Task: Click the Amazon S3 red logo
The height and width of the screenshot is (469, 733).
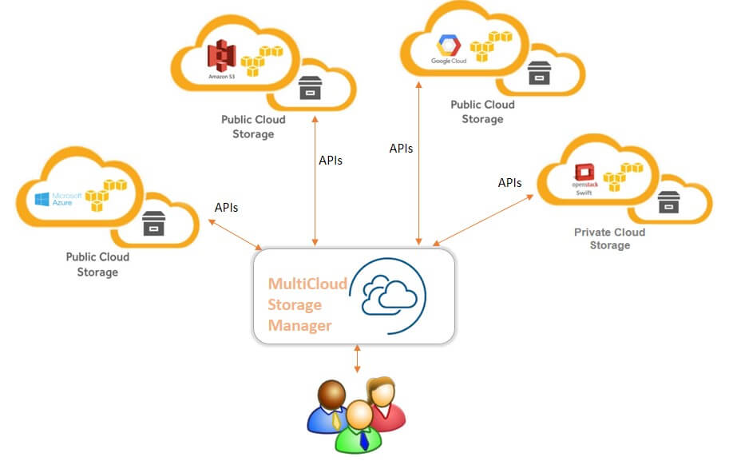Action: (x=222, y=56)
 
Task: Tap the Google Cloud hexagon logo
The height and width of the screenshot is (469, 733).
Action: (x=448, y=46)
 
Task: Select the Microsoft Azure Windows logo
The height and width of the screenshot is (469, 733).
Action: (x=42, y=199)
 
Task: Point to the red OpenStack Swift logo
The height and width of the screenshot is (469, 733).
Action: (x=584, y=172)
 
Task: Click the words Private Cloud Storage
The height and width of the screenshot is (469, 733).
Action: (x=609, y=238)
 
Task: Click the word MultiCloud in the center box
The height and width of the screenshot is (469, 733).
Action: (x=307, y=284)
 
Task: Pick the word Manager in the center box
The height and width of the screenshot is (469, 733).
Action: (x=299, y=325)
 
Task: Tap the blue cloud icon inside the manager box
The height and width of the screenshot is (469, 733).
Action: (x=390, y=296)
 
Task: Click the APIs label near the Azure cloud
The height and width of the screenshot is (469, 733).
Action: (x=226, y=208)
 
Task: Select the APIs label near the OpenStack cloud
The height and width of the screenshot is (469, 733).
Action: (x=509, y=183)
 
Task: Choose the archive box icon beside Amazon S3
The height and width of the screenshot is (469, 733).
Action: (x=310, y=88)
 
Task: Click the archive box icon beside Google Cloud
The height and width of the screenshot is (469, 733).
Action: (x=539, y=73)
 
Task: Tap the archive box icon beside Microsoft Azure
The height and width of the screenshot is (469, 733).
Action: (x=153, y=223)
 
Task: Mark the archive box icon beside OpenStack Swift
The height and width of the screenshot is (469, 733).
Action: (x=668, y=202)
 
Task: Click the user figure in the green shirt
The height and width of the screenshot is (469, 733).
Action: (x=359, y=427)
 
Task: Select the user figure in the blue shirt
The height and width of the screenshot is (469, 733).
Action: (x=330, y=406)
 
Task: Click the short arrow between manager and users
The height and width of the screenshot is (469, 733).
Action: (x=357, y=359)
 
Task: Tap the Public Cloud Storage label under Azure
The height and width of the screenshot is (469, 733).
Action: (x=97, y=264)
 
